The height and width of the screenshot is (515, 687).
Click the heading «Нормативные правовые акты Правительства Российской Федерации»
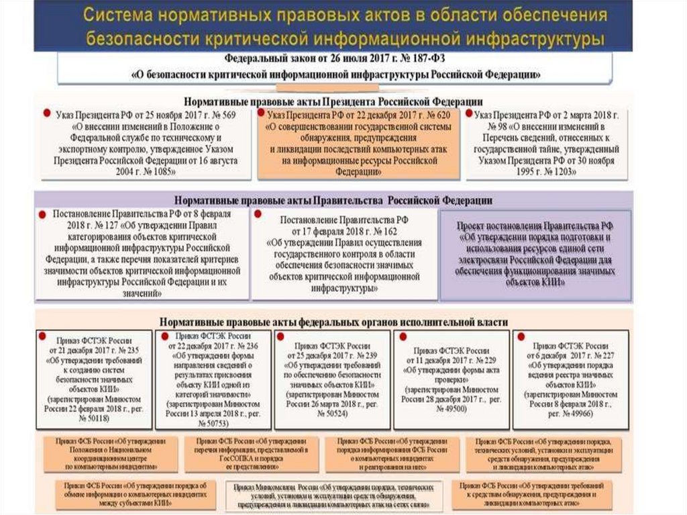coord(333,200)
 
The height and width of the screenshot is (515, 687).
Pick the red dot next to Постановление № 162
coord(258,215)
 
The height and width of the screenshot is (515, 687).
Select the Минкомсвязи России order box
coord(332,496)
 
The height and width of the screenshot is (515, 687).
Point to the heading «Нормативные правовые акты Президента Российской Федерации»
coord(333,100)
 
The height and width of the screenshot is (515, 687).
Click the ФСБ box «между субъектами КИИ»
coord(135,491)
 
